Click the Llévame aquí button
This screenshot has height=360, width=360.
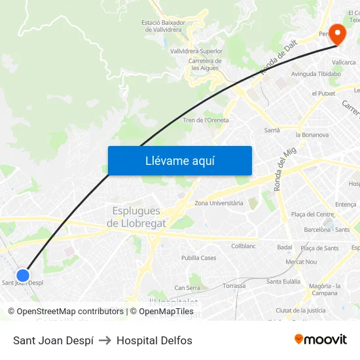coord(179,161)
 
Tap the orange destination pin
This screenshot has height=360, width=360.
coord(337,34)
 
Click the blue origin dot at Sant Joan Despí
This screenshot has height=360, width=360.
coord(23,276)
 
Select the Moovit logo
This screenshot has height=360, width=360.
coord(320,340)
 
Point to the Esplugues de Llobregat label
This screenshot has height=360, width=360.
coord(136,217)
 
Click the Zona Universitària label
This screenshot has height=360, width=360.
coord(219,204)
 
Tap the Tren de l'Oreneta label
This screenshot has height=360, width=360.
coord(206,120)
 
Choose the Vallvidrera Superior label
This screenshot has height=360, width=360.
coord(196,51)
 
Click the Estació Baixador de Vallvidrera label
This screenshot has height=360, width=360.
coord(163,26)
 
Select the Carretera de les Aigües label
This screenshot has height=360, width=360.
coord(205,64)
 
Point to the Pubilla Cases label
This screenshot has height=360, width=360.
coord(198,258)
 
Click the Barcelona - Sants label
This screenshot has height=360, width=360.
coord(327,230)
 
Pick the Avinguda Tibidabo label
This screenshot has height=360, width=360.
coord(316,74)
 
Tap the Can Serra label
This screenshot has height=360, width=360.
coord(187,287)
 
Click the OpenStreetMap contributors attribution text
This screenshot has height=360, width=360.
coord(65,312)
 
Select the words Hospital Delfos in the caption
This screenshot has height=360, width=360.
coord(154,340)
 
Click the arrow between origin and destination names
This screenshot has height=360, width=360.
coord(105,340)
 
